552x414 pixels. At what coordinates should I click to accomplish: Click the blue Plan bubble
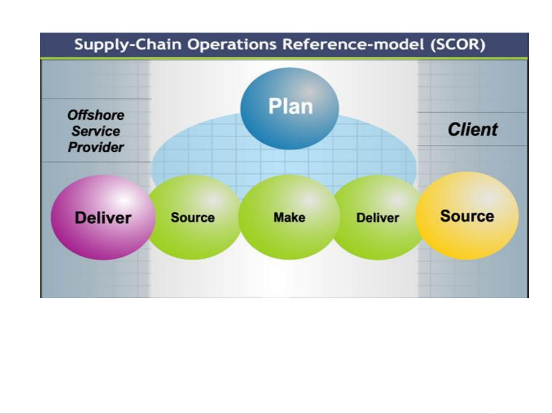(290, 108)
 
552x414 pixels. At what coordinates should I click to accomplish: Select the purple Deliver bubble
(103, 218)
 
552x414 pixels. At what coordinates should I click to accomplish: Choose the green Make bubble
(289, 218)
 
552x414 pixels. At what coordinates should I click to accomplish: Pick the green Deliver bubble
(378, 218)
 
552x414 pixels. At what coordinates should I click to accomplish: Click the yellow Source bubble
(467, 216)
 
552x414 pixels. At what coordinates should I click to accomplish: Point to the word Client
(473, 130)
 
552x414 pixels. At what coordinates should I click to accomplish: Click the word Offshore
(96, 115)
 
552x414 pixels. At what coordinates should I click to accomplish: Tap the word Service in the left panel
(96, 131)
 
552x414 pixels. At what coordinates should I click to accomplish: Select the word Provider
(96, 147)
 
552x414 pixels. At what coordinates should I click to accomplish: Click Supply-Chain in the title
(128, 45)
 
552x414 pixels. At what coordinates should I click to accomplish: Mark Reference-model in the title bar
(353, 44)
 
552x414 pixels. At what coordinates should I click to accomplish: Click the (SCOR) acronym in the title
(458, 45)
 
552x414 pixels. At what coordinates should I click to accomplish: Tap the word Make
(290, 218)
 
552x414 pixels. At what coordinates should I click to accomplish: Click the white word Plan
(290, 106)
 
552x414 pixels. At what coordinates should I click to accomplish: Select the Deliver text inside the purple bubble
(103, 218)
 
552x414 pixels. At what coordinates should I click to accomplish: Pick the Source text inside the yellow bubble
(467, 216)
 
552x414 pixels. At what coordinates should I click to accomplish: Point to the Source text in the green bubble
(193, 218)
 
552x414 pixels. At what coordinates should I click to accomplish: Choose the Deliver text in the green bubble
(378, 218)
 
